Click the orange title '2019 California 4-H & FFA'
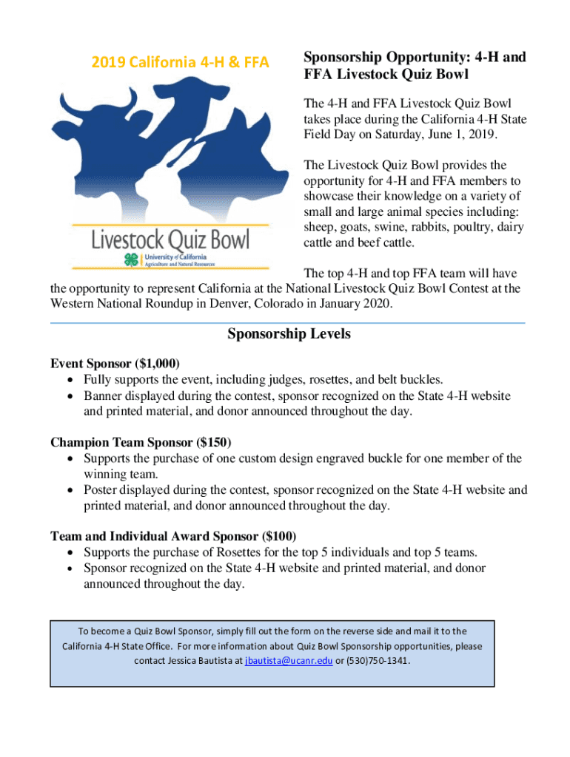click(179, 63)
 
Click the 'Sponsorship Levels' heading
click(289, 334)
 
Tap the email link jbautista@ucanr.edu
click(289, 661)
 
